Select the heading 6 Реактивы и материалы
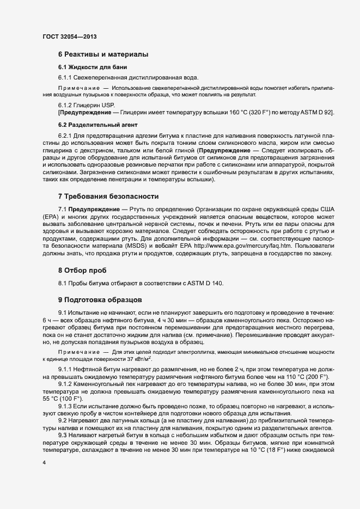click(103, 54)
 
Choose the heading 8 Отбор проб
click(82, 270)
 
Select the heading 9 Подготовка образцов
click(100, 299)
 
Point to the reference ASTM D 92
click(315, 112)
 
